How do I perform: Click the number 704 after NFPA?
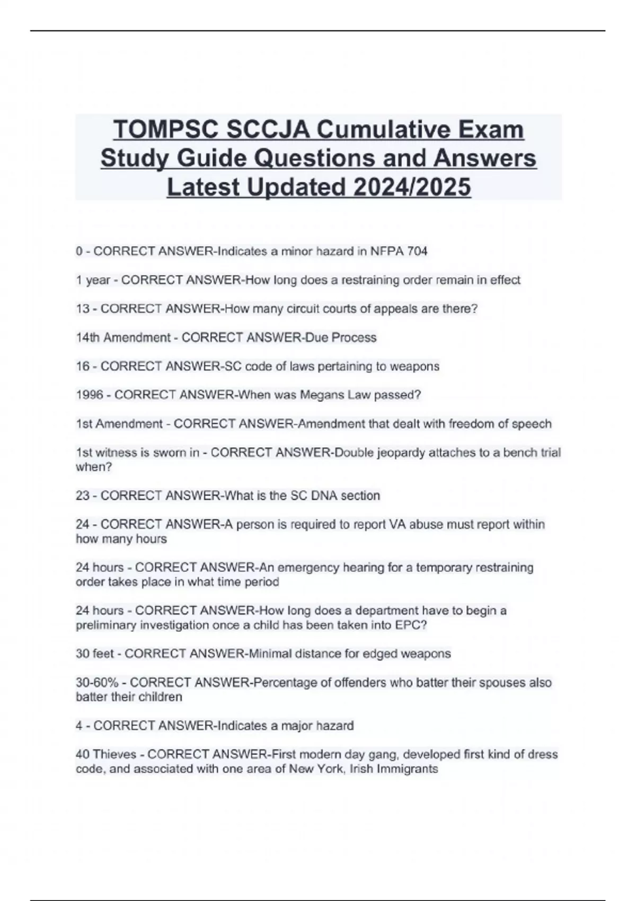pyautogui.click(x=417, y=251)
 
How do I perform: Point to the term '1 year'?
pyautogui.click(x=93, y=280)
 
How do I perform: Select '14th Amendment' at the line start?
pyautogui.click(x=123, y=338)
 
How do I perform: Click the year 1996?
pyautogui.click(x=89, y=395)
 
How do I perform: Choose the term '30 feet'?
pyautogui.click(x=94, y=653)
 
